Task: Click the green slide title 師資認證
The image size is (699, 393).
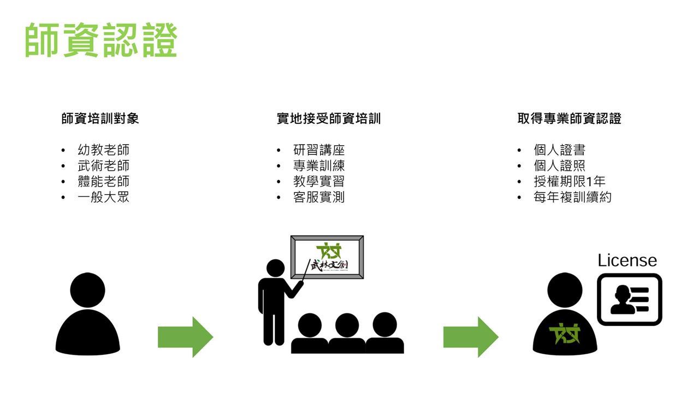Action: (x=101, y=40)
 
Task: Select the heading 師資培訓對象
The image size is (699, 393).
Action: (x=100, y=118)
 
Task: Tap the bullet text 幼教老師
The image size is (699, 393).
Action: (x=103, y=150)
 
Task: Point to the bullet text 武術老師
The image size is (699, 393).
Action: (x=103, y=166)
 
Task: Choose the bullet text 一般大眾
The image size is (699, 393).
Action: (x=103, y=197)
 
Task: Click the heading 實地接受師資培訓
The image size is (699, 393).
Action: (x=328, y=118)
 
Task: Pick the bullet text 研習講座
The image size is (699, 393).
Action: (x=319, y=150)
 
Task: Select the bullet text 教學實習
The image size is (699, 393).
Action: (x=319, y=182)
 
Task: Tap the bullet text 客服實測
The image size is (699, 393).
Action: (x=319, y=197)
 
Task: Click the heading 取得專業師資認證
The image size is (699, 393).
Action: (x=569, y=118)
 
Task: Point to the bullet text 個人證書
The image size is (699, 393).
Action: (x=559, y=150)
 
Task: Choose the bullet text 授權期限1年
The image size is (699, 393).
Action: (x=569, y=182)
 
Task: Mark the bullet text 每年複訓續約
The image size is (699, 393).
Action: (x=572, y=197)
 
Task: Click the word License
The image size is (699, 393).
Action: (x=627, y=260)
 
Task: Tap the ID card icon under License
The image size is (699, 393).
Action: (x=629, y=300)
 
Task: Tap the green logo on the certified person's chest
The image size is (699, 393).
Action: (x=565, y=332)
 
